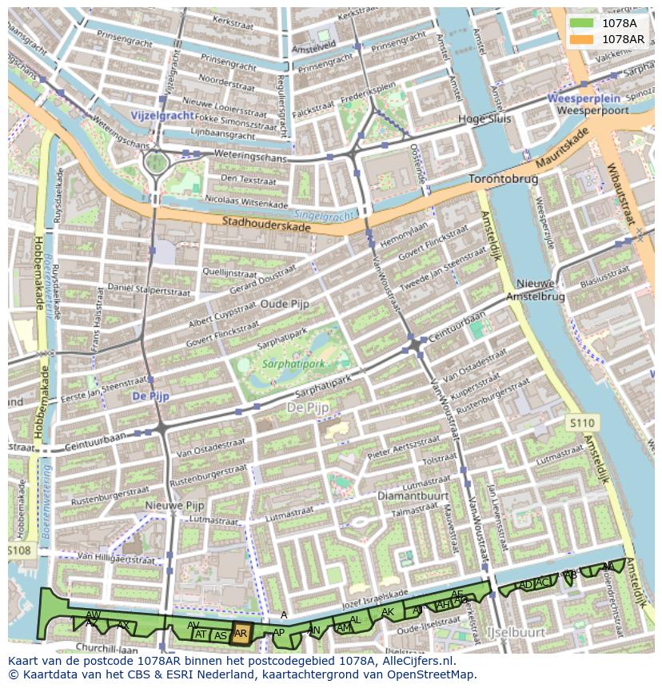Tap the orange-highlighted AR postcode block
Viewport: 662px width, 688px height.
coord(241,634)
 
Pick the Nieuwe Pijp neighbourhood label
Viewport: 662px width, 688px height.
coord(175,505)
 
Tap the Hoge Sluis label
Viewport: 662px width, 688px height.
coord(484,119)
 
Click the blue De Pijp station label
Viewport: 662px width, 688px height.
coord(150,396)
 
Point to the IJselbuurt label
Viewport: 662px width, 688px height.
coord(516,632)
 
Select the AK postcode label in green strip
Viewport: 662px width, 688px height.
coord(388,612)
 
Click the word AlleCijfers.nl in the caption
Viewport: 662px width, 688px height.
coord(416,661)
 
